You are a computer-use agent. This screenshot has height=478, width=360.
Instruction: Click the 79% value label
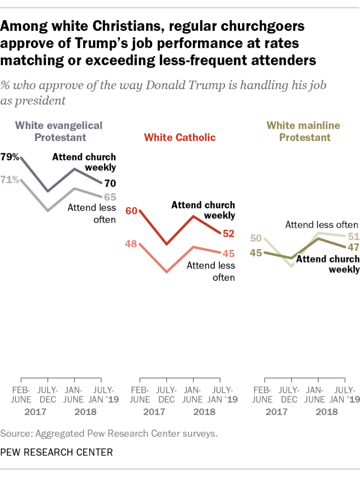pyautogui.click(x=10, y=157)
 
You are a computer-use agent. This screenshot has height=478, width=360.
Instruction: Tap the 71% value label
pyautogui.click(x=10, y=180)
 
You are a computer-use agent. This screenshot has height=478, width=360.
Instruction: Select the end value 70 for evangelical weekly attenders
pyautogui.click(x=110, y=184)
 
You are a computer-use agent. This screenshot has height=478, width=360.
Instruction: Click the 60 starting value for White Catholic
pyautogui.click(x=131, y=211)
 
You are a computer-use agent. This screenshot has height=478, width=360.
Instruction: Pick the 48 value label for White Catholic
pyautogui.click(x=131, y=244)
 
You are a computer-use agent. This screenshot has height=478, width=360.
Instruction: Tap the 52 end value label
pyautogui.click(x=229, y=233)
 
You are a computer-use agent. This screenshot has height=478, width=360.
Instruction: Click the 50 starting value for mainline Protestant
pyautogui.click(x=256, y=238)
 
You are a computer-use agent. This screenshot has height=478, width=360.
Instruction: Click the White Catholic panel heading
pyautogui.click(x=180, y=137)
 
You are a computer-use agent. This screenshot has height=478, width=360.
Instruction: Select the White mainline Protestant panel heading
pyautogui.click(x=303, y=131)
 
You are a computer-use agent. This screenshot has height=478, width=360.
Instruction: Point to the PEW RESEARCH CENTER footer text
pyautogui.click(x=56, y=452)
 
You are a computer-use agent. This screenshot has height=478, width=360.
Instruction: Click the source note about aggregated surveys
pyautogui.click(x=109, y=433)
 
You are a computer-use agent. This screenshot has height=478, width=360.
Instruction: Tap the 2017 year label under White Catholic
pyautogui.click(x=153, y=412)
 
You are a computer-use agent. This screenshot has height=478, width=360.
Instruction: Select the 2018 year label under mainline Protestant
pyautogui.click(x=327, y=412)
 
